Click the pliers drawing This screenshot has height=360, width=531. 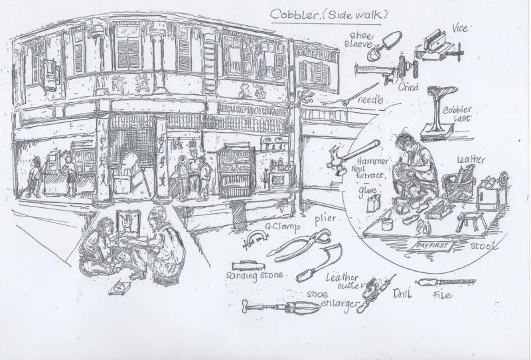click(302, 246)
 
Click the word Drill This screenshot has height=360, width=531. click(400, 294)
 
